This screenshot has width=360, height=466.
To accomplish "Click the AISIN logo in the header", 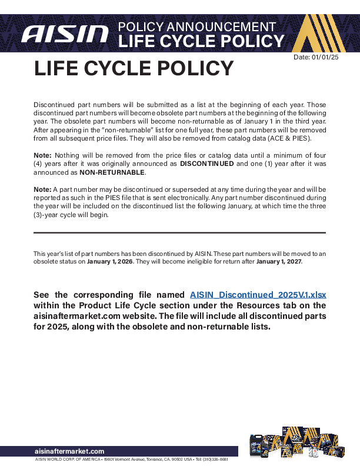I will [x=65, y=34].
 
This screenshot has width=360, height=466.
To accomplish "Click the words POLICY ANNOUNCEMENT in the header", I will [x=196, y=27].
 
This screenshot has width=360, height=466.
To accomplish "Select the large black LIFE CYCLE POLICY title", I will [x=134, y=69].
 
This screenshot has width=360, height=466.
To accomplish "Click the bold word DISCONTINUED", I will [x=206, y=164].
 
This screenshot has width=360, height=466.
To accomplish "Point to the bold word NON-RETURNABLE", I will [x=112, y=173].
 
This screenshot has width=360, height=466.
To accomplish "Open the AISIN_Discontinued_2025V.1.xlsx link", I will [x=258, y=295].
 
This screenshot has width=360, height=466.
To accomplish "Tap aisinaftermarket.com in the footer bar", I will [x=69, y=451].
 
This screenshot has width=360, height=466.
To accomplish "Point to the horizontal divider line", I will [x=179, y=233].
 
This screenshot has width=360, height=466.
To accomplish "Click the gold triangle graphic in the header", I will [x=321, y=32].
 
